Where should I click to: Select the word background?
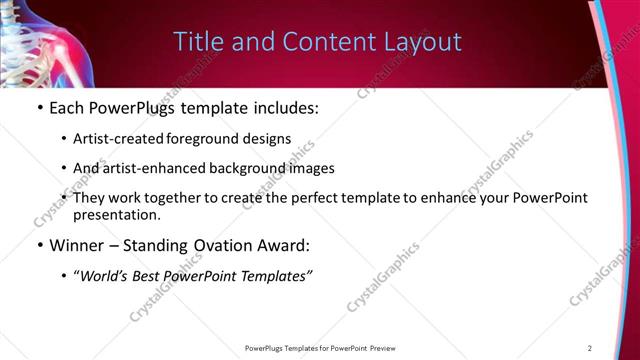(239, 168)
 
